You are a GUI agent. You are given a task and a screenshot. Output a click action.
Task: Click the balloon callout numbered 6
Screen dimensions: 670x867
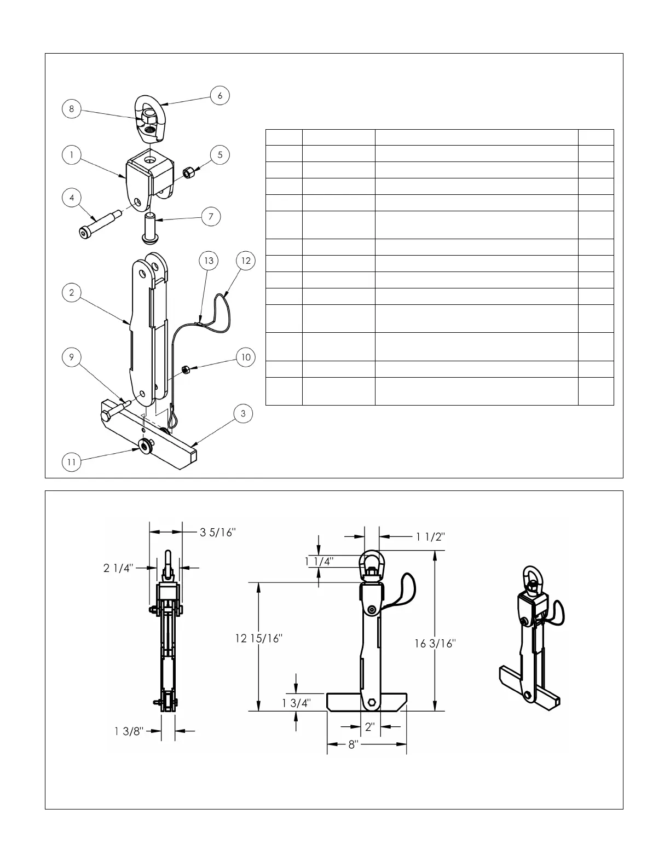tap(220, 95)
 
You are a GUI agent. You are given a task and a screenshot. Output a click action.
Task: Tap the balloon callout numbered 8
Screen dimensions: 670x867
tap(71, 109)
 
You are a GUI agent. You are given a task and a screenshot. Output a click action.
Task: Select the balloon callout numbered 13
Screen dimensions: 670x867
tap(209, 261)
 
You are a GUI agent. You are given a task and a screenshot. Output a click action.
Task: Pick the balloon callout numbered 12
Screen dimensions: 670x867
tap(246, 261)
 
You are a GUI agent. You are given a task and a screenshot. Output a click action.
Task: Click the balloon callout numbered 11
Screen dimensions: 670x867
tap(71, 462)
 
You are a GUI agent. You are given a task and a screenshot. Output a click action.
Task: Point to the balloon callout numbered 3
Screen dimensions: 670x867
tap(244, 414)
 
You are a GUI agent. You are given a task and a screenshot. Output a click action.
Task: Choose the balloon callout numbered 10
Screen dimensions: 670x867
tap(246, 357)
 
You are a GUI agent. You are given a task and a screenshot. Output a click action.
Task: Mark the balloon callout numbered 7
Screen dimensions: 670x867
tap(211, 217)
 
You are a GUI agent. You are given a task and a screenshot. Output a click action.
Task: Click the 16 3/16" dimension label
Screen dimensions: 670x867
tap(435, 644)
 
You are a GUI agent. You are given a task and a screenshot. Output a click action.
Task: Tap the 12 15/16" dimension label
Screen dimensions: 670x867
tap(258, 638)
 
